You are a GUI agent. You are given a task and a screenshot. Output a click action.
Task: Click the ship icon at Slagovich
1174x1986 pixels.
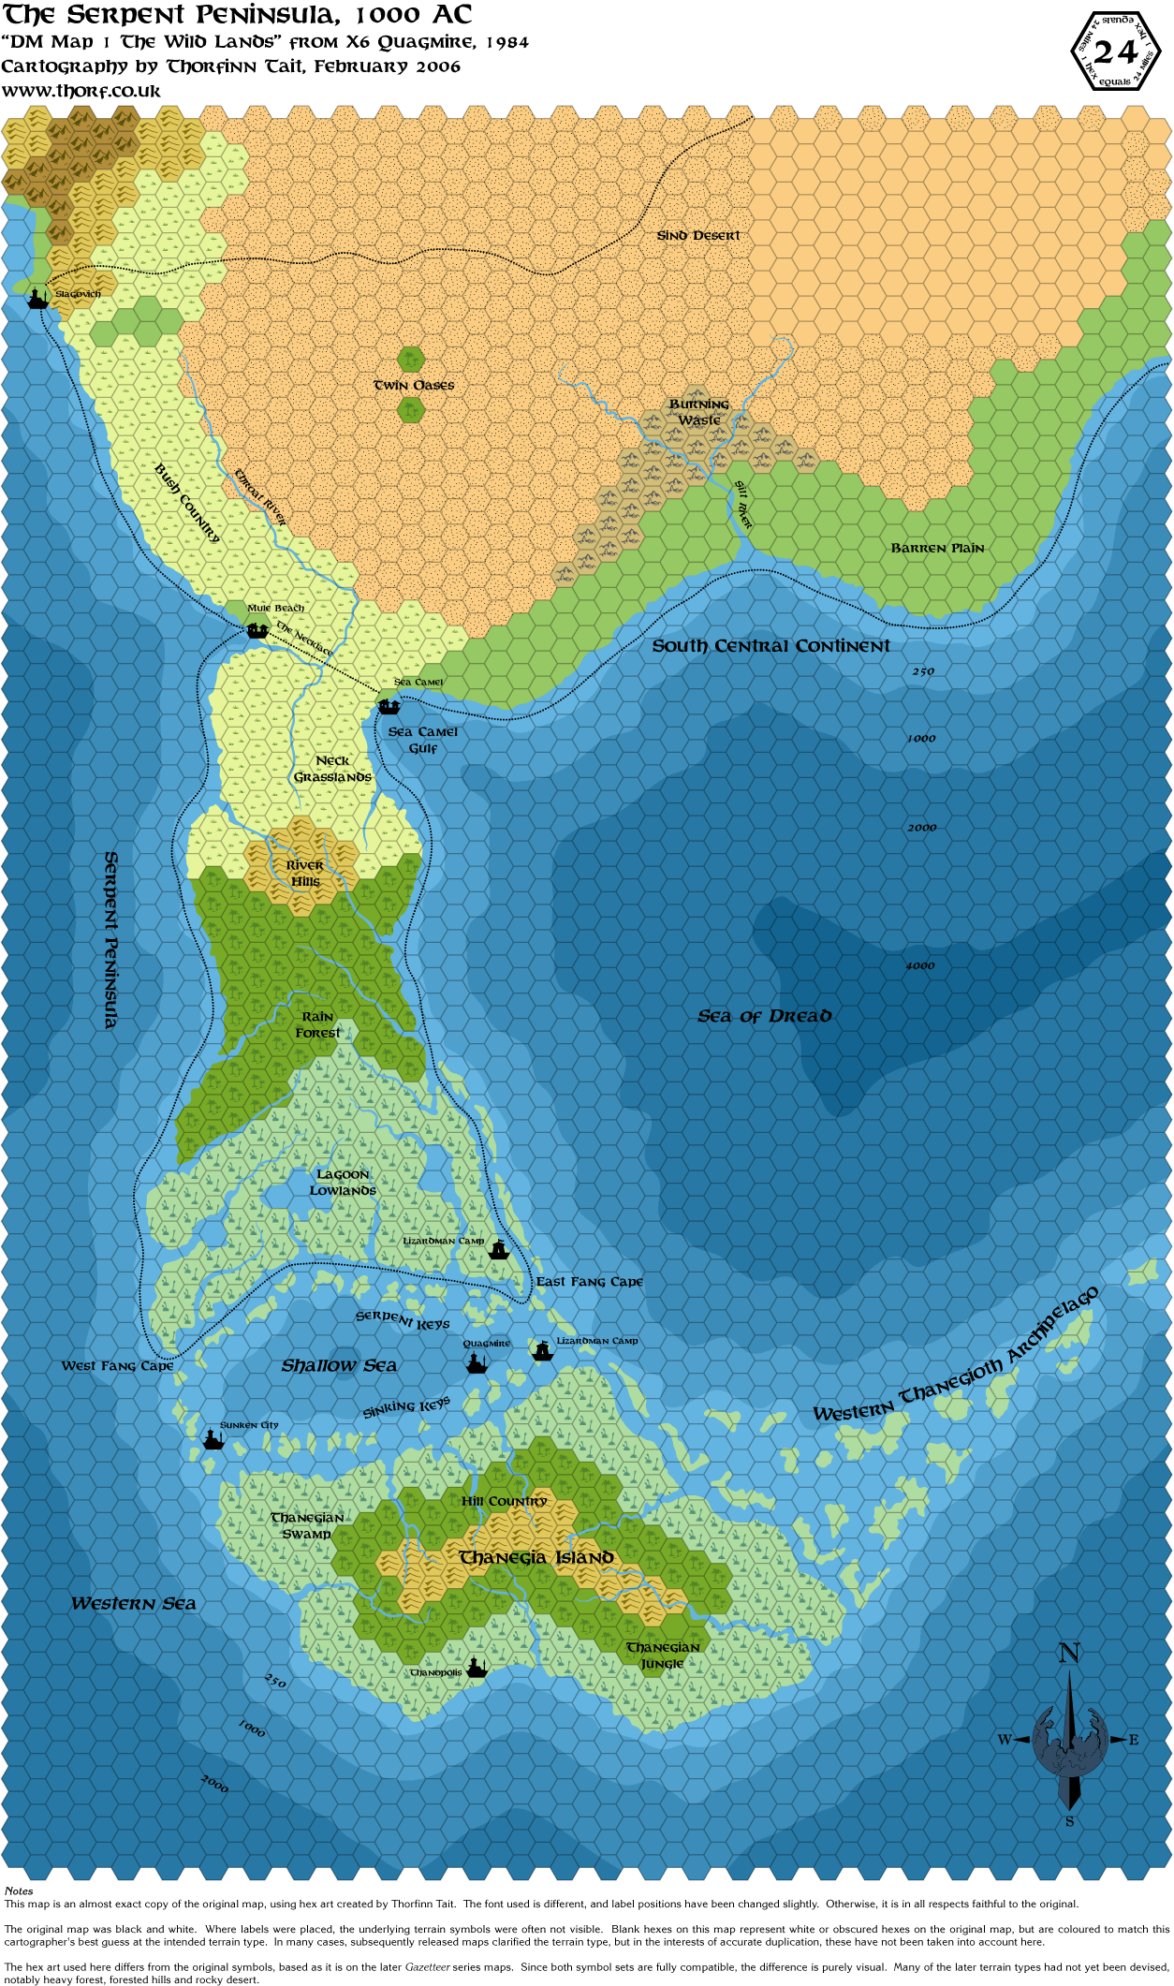point(37,299)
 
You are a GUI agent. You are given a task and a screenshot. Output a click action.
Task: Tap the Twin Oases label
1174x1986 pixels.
point(414,385)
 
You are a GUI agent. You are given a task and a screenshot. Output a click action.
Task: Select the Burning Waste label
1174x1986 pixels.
point(699,412)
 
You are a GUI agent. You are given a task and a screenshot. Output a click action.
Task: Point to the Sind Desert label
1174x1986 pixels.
point(698,236)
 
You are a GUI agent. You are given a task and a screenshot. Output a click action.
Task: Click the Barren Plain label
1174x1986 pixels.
point(937,548)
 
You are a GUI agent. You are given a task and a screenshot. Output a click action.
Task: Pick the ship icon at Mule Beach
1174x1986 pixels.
point(257,630)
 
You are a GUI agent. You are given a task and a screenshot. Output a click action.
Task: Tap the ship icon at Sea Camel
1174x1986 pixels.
point(389,705)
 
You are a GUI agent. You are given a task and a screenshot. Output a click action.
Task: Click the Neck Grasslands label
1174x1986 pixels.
point(332,769)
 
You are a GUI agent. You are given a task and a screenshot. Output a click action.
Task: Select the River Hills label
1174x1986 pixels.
point(305,873)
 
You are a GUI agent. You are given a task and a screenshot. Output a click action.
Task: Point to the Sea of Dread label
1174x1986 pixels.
point(764,1016)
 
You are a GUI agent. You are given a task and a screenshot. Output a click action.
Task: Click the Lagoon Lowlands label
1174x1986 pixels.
point(343,1182)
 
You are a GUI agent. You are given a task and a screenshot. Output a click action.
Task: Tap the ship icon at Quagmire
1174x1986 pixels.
point(477,1362)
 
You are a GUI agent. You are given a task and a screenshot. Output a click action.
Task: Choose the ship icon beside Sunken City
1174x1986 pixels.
point(213,1439)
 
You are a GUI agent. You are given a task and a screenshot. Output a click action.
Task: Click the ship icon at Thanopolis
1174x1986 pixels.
point(477,1668)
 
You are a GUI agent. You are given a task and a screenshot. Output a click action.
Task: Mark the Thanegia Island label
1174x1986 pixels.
point(536,1558)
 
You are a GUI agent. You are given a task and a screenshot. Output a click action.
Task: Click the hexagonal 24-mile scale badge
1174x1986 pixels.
point(1116,51)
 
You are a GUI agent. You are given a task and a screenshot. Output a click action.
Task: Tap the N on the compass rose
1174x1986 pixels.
point(1069,1654)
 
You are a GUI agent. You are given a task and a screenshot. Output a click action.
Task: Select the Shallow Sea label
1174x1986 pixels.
point(339,1366)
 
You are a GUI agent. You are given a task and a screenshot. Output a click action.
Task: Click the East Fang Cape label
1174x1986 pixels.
point(589,1282)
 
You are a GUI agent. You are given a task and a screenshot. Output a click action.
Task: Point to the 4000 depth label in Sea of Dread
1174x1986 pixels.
point(919,965)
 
